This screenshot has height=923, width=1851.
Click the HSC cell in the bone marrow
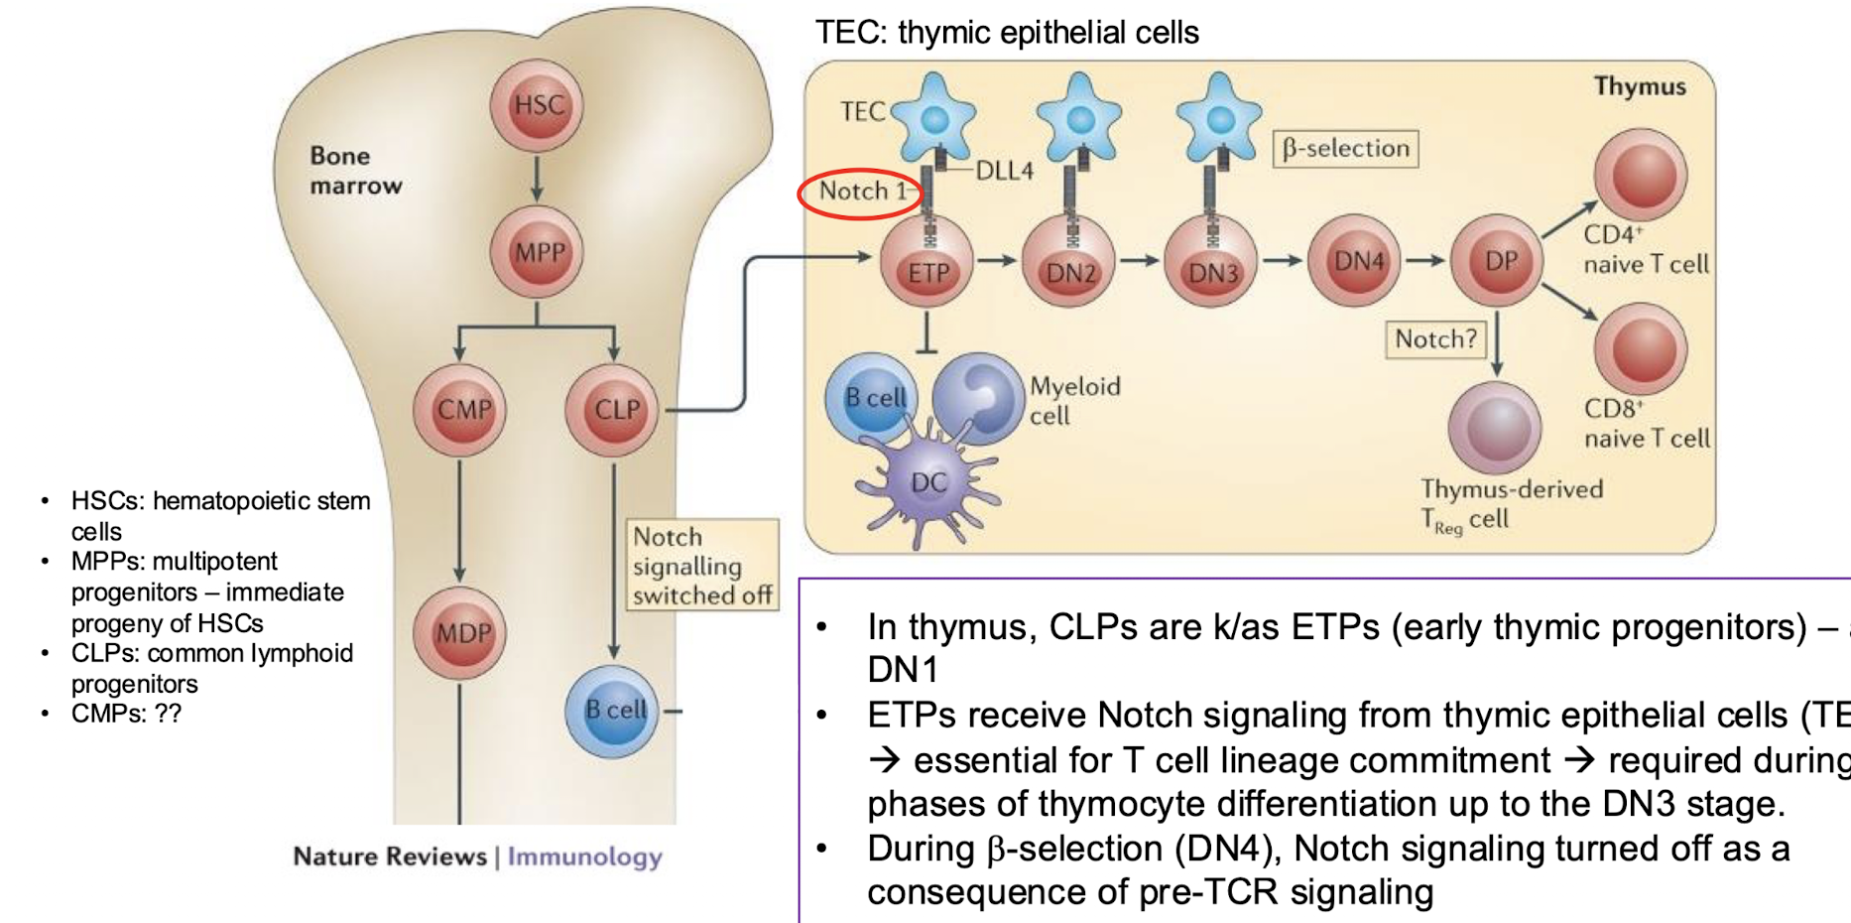pos(537,105)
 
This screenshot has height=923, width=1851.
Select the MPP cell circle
pos(537,253)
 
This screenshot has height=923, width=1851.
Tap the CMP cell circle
pos(460,410)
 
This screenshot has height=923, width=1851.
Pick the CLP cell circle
pos(613,410)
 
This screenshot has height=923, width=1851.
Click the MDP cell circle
pos(460,633)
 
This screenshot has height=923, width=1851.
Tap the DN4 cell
pos(1356,260)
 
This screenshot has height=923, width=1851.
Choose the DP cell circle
pos(1498,260)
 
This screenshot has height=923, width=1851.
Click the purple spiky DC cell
pos(926,482)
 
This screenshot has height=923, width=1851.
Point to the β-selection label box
pos(1345,149)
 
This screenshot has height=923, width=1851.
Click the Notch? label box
pos(1435,339)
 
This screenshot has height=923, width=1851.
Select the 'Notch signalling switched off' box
pos(701,566)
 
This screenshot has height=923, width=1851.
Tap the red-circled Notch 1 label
pos(861,192)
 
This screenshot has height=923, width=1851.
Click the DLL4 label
pos(1004,171)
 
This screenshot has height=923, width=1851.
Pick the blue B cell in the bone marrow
pos(612,711)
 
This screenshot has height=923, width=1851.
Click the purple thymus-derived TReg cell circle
pos(1495,428)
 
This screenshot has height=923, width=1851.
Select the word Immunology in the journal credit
pos(584,857)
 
